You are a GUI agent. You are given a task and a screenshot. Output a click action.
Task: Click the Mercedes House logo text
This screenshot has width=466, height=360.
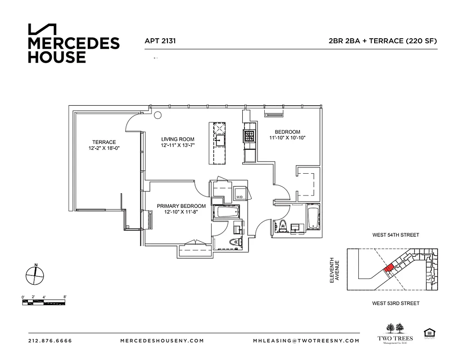click(x=73, y=50)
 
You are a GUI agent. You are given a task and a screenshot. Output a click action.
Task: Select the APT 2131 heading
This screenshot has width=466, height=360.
click(x=160, y=40)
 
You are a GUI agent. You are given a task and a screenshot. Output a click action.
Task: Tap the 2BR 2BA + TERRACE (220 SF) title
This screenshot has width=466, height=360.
click(x=383, y=40)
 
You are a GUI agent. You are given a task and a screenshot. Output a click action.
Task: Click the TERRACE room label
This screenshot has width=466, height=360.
click(x=104, y=142)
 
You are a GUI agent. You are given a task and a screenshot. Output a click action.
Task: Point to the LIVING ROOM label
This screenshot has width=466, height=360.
click(x=177, y=139)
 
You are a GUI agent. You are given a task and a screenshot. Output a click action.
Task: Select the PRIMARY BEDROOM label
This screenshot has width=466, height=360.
click(x=181, y=206)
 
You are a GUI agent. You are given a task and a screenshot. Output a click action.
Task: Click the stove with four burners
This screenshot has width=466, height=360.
click(x=249, y=135)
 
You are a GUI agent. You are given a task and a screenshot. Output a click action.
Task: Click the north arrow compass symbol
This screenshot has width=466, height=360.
click(x=35, y=274)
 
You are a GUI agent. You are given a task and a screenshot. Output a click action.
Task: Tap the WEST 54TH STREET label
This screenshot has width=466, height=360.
click(x=395, y=235)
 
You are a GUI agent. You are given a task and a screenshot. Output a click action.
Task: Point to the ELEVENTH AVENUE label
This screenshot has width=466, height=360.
click(x=335, y=270)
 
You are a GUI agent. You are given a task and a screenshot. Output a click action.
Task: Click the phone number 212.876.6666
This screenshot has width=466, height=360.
click(x=50, y=341)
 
